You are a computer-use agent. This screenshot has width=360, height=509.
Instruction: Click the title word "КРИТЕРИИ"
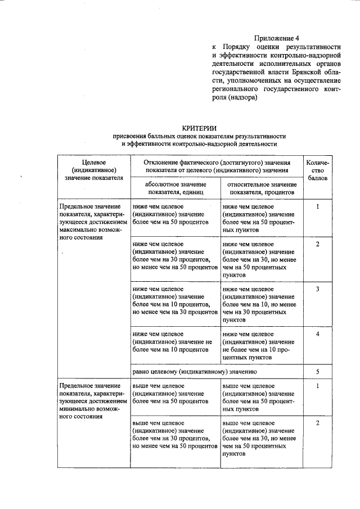[x=201, y=128]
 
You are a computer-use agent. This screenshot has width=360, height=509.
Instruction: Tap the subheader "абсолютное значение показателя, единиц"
[x=174, y=188]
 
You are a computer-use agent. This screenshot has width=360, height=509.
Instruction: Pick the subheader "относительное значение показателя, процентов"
[x=262, y=188]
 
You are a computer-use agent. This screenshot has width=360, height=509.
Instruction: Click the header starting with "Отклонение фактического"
[x=217, y=165]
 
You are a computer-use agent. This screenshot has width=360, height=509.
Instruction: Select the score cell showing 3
[x=318, y=289]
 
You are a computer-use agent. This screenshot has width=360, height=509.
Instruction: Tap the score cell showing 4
[x=318, y=334]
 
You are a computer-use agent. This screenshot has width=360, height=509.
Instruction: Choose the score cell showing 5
[x=318, y=372]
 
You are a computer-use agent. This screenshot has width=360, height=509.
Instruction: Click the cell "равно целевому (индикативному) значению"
[x=195, y=372]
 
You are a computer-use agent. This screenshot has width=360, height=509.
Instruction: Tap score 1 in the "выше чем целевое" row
[x=318, y=386]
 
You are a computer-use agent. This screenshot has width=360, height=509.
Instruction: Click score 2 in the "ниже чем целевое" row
[x=318, y=244]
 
